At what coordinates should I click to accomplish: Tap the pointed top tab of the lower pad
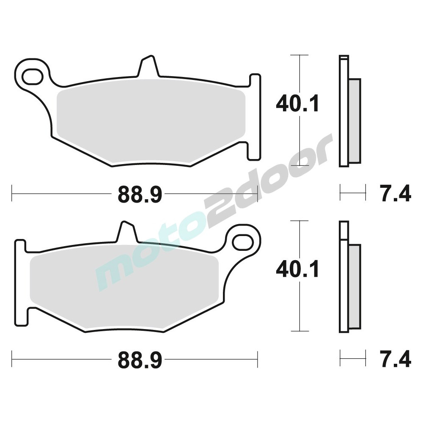point(127,231)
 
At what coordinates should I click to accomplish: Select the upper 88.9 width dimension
point(140,194)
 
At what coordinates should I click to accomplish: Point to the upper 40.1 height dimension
point(297,103)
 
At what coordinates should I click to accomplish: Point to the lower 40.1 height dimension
point(297,269)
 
